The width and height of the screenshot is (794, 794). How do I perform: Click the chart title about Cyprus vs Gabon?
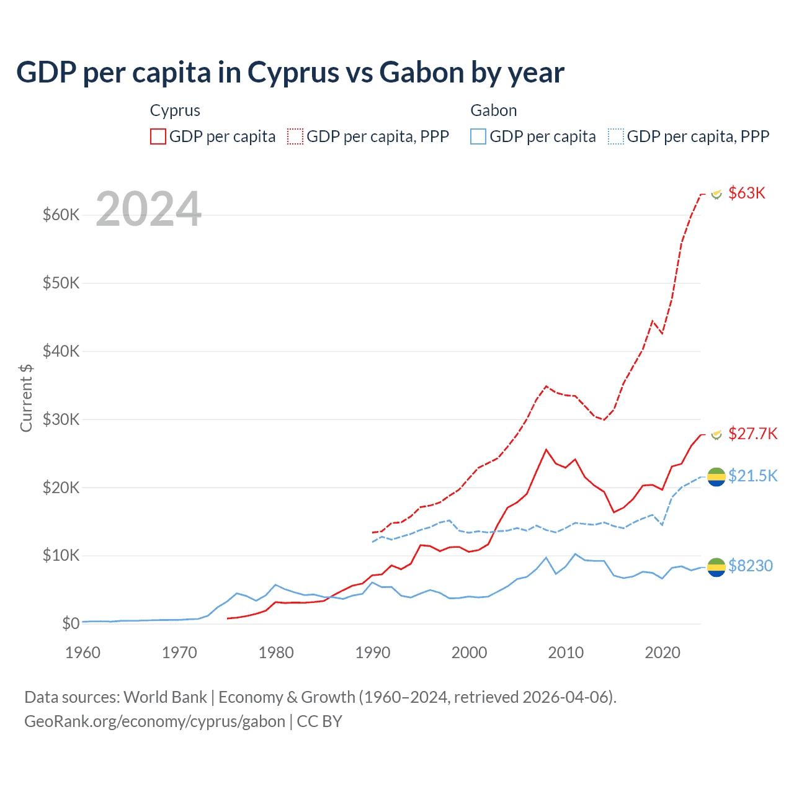tap(290, 73)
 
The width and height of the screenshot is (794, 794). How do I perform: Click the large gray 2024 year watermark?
tap(149, 210)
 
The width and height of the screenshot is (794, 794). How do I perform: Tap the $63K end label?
tap(746, 193)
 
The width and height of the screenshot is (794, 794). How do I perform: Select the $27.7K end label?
tap(752, 434)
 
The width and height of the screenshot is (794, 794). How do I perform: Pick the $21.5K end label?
tap(752, 476)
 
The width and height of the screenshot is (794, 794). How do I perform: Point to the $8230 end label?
tap(750, 566)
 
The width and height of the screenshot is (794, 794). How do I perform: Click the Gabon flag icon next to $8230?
tap(716, 566)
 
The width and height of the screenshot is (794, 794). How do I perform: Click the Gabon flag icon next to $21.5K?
tap(716, 476)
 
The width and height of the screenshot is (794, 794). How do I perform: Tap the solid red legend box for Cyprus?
tap(158, 136)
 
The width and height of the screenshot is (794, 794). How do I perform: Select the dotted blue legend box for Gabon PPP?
tap(616, 136)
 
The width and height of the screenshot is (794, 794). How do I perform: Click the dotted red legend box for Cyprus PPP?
tap(295, 136)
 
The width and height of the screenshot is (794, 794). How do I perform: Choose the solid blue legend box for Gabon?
tap(478, 136)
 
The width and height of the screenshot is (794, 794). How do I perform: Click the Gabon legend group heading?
tap(493, 110)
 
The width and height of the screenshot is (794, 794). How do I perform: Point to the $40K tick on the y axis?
tap(61, 351)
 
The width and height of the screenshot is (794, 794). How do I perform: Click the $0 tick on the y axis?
tap(71, 623)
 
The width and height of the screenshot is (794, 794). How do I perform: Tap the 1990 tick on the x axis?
tap(373, 653)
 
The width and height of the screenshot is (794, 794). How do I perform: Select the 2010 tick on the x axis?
tap(566, 653)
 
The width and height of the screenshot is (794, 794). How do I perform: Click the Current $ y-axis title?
tap(26, 398)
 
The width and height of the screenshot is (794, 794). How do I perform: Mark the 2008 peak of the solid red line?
tap(546, 450)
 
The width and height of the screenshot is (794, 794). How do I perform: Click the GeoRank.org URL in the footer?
tap(154, 721)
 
